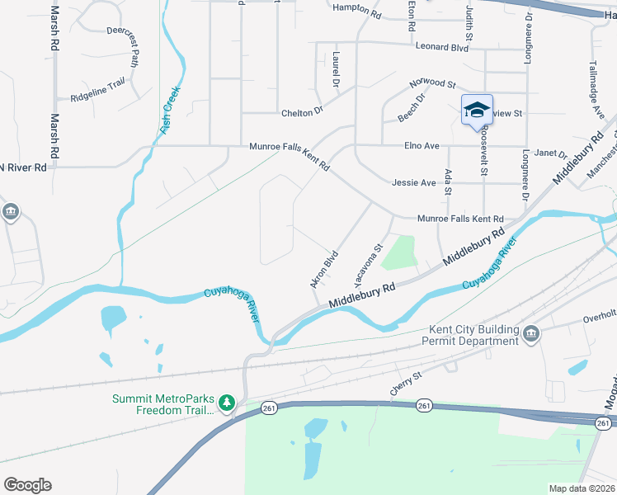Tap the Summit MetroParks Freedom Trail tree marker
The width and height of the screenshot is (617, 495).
(228, 403)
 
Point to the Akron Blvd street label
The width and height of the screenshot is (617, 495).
(324, 269)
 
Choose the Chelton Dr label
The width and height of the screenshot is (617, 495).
(301, 113)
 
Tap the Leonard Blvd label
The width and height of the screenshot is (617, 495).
(442, 48)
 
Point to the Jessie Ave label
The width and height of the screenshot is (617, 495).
(413, 182)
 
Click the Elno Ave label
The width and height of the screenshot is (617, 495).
(422, 146)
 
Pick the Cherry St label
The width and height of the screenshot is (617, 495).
(406, 382)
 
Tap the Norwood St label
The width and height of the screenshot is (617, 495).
(434, 84)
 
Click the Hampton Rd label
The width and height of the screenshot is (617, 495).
(356, 15)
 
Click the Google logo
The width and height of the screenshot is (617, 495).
(27, 485)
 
